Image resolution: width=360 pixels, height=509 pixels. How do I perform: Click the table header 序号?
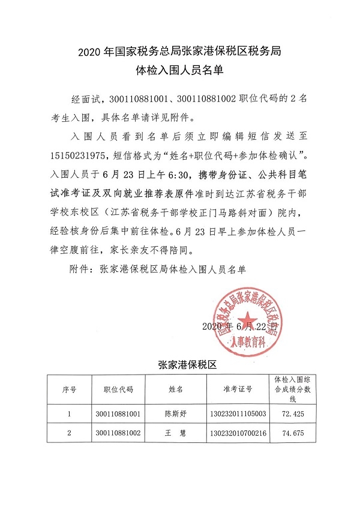pyautogui.click(x=69, y=390)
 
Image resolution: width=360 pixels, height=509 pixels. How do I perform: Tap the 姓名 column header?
pyautogui.click(x=176, y=390)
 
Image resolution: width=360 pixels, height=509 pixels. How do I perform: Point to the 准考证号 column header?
pyautogui.click(x=240, y=390)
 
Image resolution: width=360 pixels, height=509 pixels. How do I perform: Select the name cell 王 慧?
pyautogui.click(x=176, y=433)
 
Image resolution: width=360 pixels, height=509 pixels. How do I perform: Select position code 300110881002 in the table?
pyautogui.click(x=118, y=433)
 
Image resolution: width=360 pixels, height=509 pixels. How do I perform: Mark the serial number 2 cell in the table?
pyautogui.click(x=69, y=433)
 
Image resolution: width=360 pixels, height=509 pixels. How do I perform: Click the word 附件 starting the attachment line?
pyautogui.click(x=80, y=269)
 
